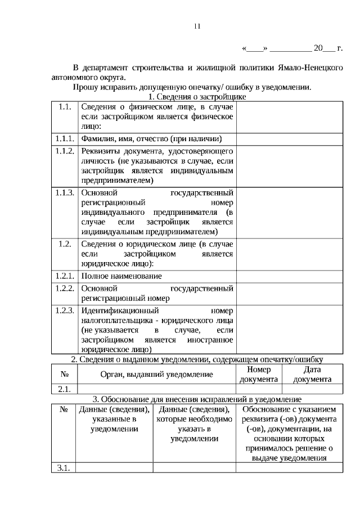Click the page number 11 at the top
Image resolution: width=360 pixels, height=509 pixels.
(196, 26)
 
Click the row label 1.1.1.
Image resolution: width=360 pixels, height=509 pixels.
(65, 138)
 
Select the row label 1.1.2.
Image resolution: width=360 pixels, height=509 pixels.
(65, 151)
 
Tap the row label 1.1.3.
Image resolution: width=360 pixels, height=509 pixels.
(65, 193)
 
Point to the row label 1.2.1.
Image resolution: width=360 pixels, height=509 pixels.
(65, 276)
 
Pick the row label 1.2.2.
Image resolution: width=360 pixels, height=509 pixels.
(65, 289)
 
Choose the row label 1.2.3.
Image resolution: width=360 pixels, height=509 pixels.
(65, 310)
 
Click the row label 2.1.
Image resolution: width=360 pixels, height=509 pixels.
(64, 389)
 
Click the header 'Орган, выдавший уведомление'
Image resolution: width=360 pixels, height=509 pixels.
(156, 374)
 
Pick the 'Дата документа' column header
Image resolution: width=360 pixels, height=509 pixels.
(312, 374)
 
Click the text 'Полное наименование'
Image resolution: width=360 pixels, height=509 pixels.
(121, 276)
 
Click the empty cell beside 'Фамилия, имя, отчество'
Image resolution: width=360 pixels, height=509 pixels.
(289, 138)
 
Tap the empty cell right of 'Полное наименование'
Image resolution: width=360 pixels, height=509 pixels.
(289, 276)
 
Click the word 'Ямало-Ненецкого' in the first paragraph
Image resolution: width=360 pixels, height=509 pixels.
(310, 67)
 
